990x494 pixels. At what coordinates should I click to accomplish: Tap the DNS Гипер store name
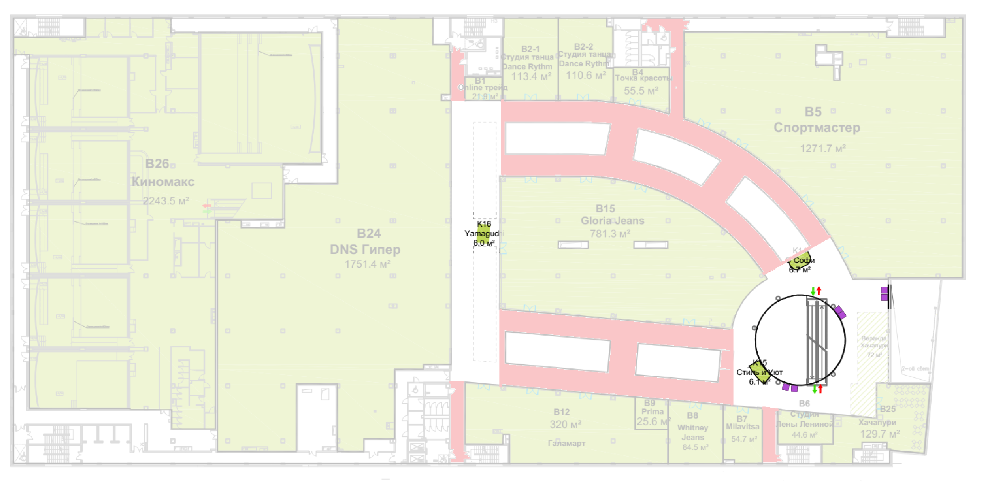point(365,250)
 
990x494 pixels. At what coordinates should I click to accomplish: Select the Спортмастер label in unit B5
point(817,128)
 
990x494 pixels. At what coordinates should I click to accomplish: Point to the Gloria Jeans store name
point(613,221)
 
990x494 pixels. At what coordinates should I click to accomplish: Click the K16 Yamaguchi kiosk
point(483,234)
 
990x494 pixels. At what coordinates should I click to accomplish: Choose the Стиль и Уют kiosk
point(759,372)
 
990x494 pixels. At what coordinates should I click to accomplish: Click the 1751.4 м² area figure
point(367,264)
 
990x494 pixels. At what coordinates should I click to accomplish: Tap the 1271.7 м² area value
point(822,149)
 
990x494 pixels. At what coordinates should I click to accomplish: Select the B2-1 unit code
point(530,49)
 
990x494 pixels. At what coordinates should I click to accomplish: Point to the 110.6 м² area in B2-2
point(586,75)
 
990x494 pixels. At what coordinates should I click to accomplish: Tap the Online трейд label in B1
point(483,88)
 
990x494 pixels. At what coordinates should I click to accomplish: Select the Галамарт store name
point(566,443)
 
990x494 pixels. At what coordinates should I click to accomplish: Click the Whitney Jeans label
point(693,433)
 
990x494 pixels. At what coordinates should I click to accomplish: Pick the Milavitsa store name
point(742,426)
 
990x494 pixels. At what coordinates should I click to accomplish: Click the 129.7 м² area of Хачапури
point(879,434)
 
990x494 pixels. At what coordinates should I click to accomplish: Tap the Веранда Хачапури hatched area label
point(873,342)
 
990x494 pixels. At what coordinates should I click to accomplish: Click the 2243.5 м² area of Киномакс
point(166,201)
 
